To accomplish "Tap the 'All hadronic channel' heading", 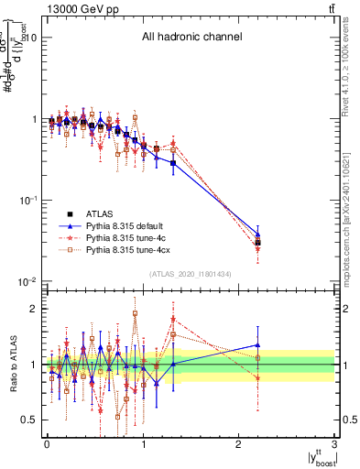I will pyautogui.click(x=191, y=38).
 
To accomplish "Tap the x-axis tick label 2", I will pyautogui.click(x=238, y=444).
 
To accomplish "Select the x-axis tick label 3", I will pyautogui.click(x=334, y=444).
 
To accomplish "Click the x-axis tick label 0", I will pyautogui.click(x=46, y=444).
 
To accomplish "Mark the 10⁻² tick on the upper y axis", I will pyautogui.click(x=26, y=281).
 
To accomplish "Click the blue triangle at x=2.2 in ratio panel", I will pyautogui.click(x=257, y=345).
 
